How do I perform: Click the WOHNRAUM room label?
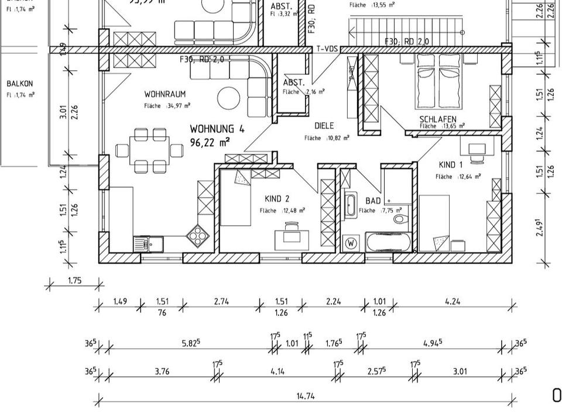tap(165, 94)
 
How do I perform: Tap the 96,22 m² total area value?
tap(210, 142)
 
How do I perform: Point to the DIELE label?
tap(324, 126)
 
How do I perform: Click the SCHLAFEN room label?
tap(438, 119)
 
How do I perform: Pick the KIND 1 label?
tap(450, 165)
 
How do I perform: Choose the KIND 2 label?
tap(277, 199)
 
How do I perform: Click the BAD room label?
tap(373, 201)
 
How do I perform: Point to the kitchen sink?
tap(143, 243)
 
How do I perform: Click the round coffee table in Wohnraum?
tap(229, 97)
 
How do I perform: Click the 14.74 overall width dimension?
tap(305, 396)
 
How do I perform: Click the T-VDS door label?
tap(325, 50)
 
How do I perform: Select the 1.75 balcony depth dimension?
tap(74, 280)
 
